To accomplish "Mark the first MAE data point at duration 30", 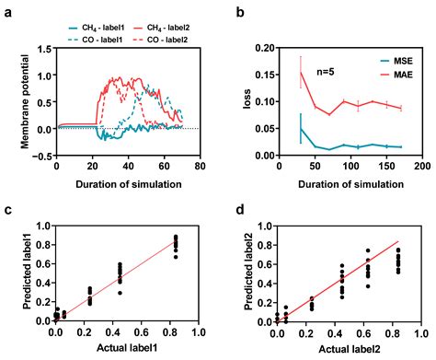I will click(300, 73).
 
